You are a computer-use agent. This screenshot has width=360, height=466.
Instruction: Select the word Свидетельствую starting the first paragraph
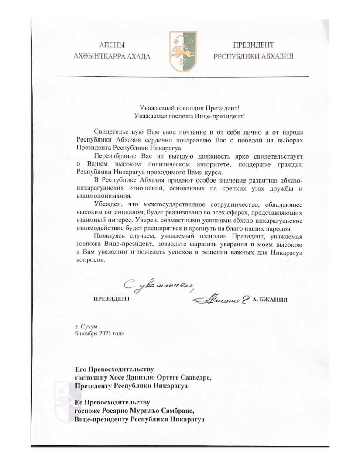(118, 132)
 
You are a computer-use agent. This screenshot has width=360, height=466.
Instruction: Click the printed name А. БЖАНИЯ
(271, 300)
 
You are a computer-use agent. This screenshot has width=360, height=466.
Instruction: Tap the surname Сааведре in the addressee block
(195, 378)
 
